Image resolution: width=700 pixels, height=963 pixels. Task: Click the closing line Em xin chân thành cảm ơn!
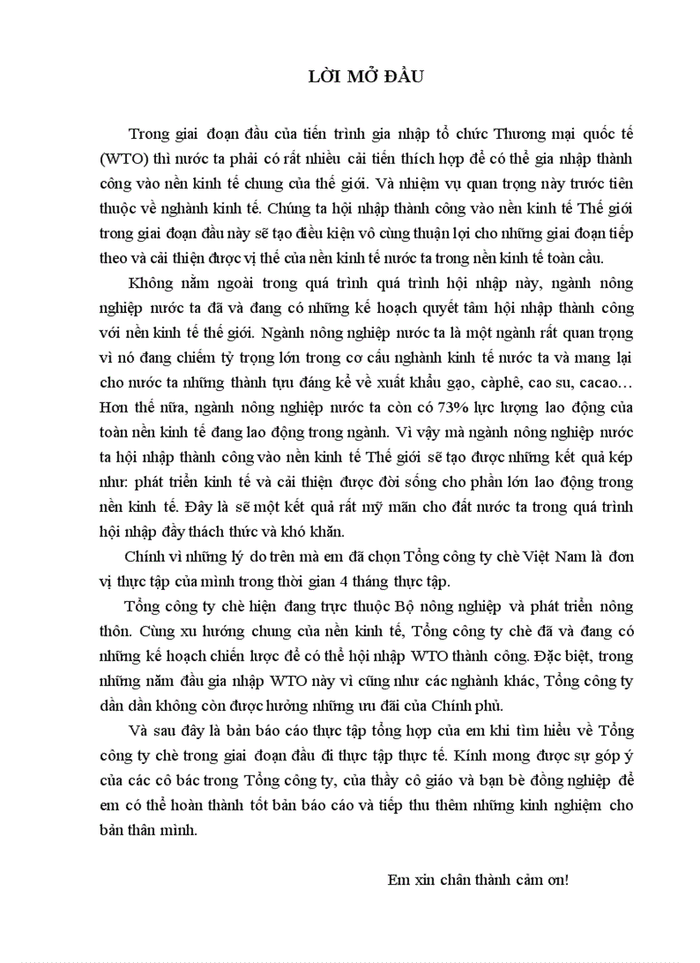(478, 880)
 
